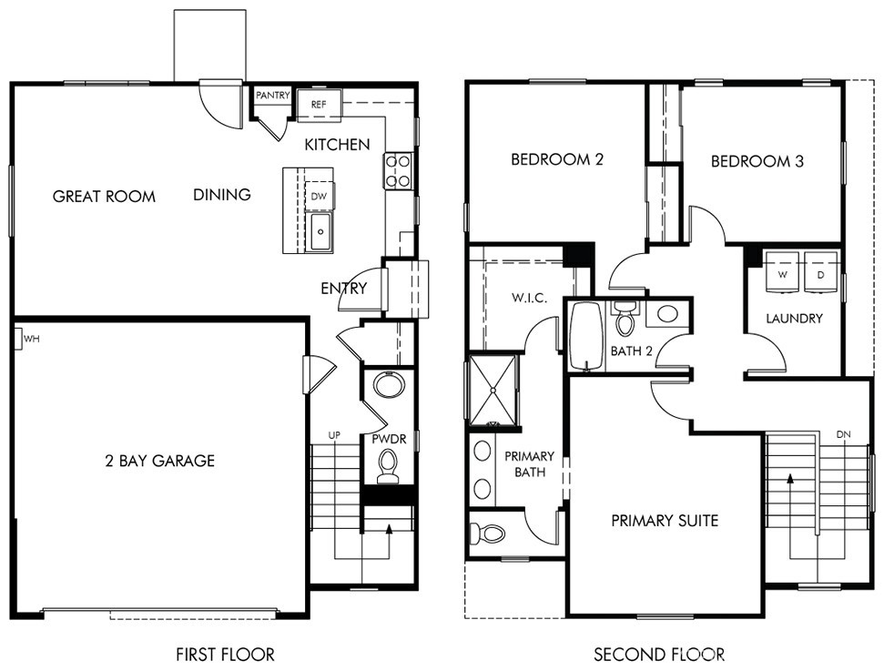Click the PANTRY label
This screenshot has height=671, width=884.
pyautogui.click(x=273, y=96)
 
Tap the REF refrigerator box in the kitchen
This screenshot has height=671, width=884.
pyautogui.click(x=320, y=105)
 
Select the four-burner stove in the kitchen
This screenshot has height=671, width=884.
pyautogui.click(x=398, y=171)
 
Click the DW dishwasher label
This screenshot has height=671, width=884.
pyautogui.click(x=319, y=197)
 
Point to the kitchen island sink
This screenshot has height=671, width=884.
pyautogui.click(x=320, y=231)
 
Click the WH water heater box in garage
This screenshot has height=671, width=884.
pyautogui.click(x=18, y=340)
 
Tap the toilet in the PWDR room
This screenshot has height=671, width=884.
pyautogui.click(x=387, y=467)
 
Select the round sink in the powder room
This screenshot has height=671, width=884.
pyautogui.click(x=389, y=386)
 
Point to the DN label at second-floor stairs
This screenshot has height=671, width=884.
pyautogui.click(x=843, y=435)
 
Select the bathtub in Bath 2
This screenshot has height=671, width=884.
pyautogui.click(x=587, y=336)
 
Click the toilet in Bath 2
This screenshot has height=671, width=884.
pyautogui.click(x=625, y=319)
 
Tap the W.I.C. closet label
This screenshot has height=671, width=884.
pyautogui.click(x=529, y=298)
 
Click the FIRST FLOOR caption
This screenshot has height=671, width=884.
pyautogui.click(x=225, y=654)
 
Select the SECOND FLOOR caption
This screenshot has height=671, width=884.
pyautogui.click(x=659, y=654)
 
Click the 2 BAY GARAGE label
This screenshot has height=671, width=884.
pyautogui.click(x=160, y=461)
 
